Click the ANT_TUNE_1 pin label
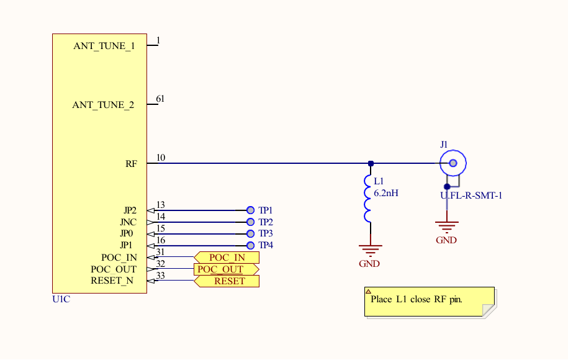click(x=104, y=47)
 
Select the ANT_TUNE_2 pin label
click(x=103, y=105)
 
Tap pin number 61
click(x=160, y=99)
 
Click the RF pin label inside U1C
click(x=131, y=164)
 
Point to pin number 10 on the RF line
click(x=161, y=158)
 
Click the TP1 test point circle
click(x=250, y=210)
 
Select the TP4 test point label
click(x=266, y=246)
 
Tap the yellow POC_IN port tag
click(x=227, y=258)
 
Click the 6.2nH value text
click(x=385, y=193)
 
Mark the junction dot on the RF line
click(x=371, y=164)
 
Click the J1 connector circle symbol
click(x=453, y=163)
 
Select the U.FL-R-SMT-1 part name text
click(x=471, y=196)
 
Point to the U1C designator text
click(x=61, y=299)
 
